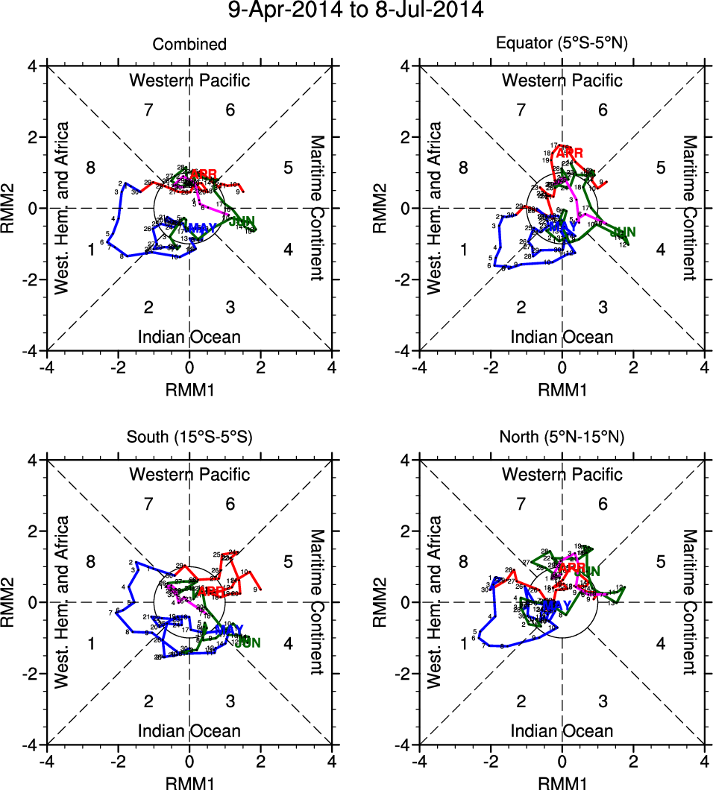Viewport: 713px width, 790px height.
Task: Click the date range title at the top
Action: (356, 10)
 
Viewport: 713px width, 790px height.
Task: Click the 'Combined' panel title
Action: (189, 45)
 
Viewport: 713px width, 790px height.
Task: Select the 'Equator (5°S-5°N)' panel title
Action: (562, 45)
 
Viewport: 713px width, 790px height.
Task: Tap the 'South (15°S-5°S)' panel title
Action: (189, 438)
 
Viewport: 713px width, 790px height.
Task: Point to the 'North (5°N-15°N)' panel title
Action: (562, 438)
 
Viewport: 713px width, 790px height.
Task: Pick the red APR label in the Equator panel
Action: (568, 153)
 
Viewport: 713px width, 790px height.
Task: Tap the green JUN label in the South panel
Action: (248, 642)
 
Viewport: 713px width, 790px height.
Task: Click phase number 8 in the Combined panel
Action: (90, 167)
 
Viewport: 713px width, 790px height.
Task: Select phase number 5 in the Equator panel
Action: (660, 167)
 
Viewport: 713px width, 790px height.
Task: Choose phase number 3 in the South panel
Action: (230, 701)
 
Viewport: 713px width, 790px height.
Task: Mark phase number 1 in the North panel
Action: (464, 643)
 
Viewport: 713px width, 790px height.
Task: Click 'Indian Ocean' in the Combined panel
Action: (189, 337)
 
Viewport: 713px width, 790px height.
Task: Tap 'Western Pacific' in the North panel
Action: (562, 474)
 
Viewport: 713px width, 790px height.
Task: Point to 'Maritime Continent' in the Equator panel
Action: (690, 208)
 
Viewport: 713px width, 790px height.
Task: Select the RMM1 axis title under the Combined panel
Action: (189, 388)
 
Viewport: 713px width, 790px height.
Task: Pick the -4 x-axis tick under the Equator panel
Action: (419, 367)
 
